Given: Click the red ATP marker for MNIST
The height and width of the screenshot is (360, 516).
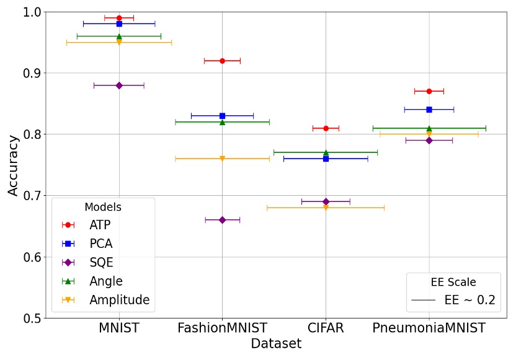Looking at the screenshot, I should tap(119, 18).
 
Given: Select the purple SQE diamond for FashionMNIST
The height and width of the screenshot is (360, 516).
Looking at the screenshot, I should tap(222, 220).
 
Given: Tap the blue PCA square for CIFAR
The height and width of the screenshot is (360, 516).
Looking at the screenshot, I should tap(326, 159).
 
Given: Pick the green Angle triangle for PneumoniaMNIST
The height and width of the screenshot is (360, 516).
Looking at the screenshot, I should tap(429, 128).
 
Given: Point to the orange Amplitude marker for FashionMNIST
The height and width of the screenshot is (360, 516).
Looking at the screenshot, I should tap(222, 159).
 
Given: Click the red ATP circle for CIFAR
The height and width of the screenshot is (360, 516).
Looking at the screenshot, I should tap(326, 128).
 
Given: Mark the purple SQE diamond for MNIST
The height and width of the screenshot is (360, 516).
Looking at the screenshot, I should tap(119, 86).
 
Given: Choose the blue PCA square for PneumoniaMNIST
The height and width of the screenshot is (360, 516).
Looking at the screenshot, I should tap(429, 110).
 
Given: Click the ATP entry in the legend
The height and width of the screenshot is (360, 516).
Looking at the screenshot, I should tap(99, 225).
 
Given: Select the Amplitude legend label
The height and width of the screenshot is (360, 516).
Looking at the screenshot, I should tap(119, 300).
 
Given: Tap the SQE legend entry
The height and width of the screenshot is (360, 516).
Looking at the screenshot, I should tap(101, 263).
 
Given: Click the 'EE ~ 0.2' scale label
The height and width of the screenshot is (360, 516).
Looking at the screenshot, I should tap(469, 301).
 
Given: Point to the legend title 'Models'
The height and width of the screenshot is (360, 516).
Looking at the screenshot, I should tap(102, 207).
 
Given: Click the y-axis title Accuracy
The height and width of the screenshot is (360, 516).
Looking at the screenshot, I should tap(14, 165).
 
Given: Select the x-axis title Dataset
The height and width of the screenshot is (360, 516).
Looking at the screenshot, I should tap(276, 344).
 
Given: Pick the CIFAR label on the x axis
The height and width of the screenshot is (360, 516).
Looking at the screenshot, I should tap(326, 327).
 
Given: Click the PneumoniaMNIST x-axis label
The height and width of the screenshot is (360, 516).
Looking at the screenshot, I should tap(429, 327).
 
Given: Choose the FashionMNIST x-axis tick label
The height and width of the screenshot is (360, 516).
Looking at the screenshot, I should tap(222, 327).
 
